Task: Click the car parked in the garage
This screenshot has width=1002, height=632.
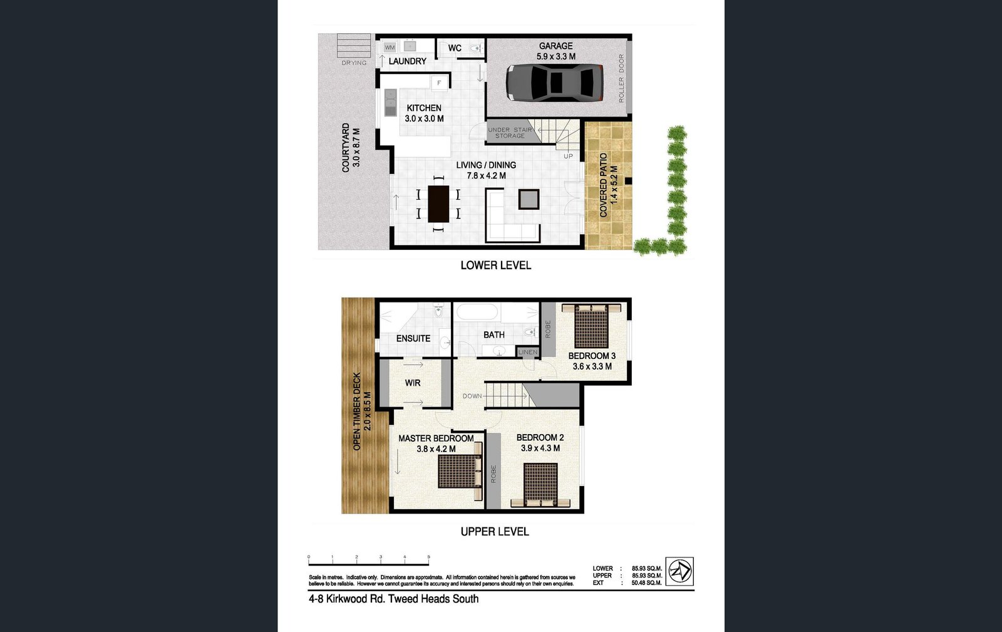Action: coord(554,82)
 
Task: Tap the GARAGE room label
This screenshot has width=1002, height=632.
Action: coord(555,46)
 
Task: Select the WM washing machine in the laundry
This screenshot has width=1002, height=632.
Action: coord(390,47)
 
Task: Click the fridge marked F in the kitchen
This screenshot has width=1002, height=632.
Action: coord(439,83)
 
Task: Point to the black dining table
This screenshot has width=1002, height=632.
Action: coord(438,204)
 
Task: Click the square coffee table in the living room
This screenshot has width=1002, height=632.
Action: coord(529,199)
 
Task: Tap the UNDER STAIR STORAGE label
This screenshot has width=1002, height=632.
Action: coord(510,133)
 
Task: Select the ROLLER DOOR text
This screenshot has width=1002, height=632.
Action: coord(621,78)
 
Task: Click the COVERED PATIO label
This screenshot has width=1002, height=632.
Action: coord(604,185)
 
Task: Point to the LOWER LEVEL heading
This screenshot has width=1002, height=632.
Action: coord(495,266)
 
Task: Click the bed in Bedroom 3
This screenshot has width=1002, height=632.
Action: coord(591,325)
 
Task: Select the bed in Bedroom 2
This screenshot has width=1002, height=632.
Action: coord(540,484)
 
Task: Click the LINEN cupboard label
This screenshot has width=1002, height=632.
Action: coord(528,352)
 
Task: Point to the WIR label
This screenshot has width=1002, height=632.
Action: coord(412,383)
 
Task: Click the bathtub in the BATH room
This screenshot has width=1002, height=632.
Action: coord(476,311)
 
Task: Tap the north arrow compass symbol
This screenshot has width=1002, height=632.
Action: coord(679,571)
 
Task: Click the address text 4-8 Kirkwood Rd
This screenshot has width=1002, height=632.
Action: coord(393,599)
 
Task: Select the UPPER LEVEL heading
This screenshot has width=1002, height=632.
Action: coord(495,532)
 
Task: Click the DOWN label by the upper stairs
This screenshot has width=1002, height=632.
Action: coord(472,396)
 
